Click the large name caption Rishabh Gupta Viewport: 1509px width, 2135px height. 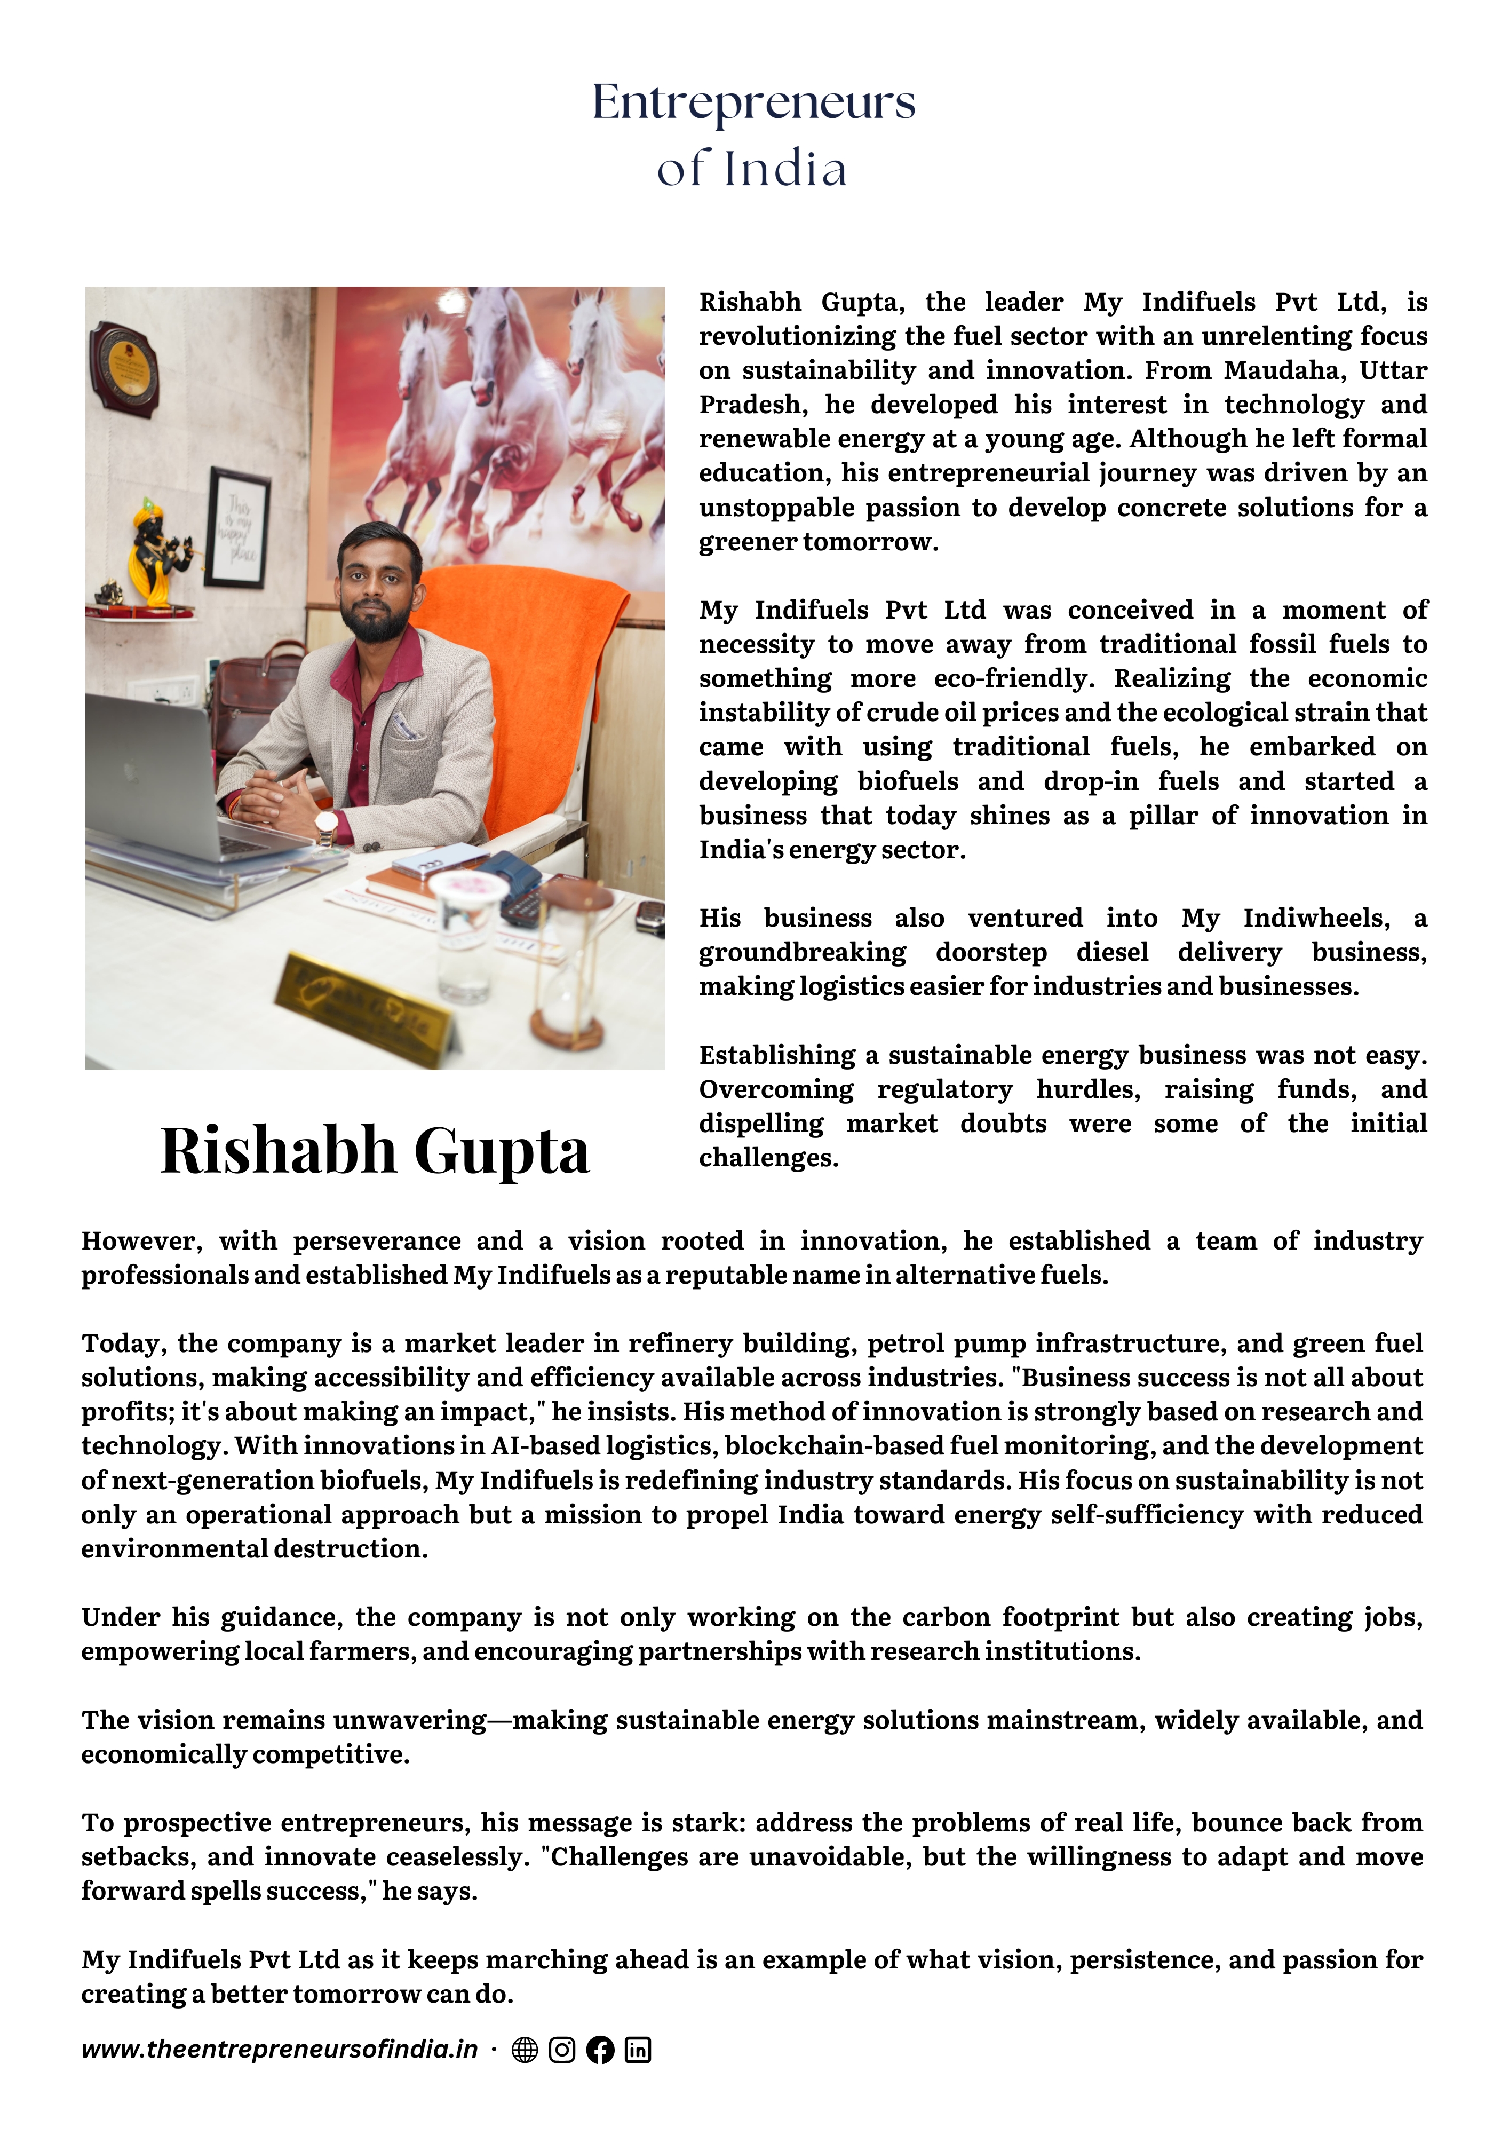(x=375, y=1151)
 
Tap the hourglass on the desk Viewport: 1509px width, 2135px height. (x=569, y=967)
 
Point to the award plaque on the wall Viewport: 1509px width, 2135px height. (x=124, y=370)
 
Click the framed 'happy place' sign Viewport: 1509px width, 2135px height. (x=237, y=528)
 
